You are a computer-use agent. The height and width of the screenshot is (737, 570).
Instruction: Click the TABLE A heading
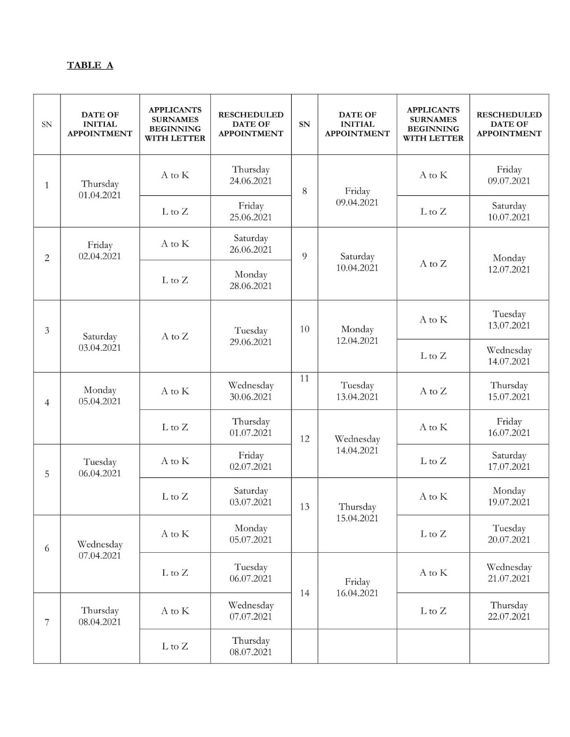90,65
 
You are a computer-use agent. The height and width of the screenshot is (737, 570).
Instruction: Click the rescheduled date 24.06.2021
251,181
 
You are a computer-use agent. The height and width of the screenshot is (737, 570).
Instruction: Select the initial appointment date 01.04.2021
100,195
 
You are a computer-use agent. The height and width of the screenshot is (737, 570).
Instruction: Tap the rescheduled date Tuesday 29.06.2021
251,336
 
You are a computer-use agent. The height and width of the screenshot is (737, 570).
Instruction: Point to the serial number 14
304,593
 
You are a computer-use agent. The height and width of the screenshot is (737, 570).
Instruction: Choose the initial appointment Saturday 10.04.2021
357,262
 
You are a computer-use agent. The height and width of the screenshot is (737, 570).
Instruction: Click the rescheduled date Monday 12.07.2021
509,264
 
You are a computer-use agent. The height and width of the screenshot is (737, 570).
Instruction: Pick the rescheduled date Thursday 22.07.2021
509,611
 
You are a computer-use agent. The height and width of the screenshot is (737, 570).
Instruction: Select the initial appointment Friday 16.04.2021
357,587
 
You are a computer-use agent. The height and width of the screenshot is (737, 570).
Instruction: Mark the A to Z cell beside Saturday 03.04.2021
175,336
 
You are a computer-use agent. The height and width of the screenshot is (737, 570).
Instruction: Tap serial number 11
304,378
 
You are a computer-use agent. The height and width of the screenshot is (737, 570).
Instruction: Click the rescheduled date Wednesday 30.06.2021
251,391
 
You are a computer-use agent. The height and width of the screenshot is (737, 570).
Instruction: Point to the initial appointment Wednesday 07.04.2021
100,550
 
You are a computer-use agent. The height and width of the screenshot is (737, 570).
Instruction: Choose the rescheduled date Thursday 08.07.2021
251,646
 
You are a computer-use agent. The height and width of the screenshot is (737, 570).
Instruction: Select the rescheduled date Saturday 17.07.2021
509,461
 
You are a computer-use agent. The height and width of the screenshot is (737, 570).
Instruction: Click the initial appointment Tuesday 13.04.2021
357,391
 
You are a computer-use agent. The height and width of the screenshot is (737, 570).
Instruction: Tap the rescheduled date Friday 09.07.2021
509,175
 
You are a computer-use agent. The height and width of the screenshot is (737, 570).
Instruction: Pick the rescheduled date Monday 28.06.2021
251,280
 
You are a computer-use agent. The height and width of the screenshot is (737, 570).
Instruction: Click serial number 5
47,474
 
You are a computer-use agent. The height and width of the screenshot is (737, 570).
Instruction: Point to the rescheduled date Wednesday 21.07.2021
509,573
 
